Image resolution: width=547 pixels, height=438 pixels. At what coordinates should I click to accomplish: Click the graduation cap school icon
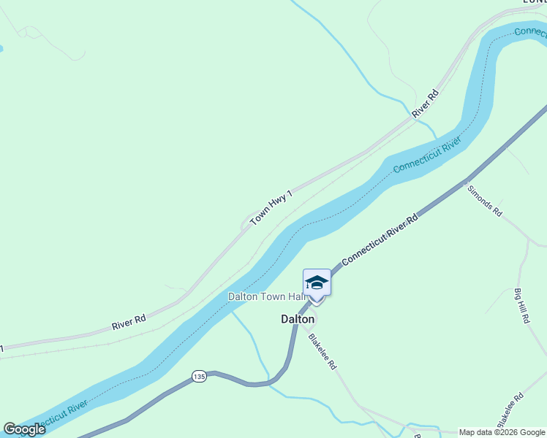[317, 282]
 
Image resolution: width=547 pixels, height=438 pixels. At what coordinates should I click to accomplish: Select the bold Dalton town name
[298, 319]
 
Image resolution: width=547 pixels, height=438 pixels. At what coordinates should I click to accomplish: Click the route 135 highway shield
[199, 376]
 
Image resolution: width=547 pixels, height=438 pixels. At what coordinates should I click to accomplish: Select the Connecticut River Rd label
[380, 239]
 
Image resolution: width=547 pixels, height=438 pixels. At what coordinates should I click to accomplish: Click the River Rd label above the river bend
[425, 104]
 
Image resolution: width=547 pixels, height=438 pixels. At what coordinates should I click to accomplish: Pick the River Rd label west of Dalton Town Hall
[129, 322]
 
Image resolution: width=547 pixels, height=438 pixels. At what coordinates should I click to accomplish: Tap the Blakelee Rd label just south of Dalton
[322, 351]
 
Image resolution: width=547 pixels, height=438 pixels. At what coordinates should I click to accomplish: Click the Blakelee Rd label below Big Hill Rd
[510, 410]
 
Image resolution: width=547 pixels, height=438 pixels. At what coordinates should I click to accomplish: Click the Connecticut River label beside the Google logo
[59, 415]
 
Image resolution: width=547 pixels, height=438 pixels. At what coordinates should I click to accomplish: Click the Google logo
[24, 429]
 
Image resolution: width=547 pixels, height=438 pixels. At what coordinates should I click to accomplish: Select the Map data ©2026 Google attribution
[502, 432]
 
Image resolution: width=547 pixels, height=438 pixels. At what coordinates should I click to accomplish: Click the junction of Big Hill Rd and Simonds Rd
[528, 239]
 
